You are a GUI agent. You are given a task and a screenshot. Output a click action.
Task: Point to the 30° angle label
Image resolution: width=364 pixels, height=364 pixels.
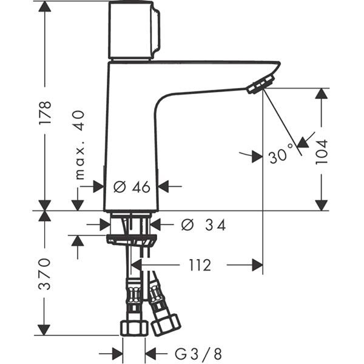coord(281,156)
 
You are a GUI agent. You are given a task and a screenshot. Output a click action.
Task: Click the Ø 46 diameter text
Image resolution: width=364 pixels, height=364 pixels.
coord(132,187)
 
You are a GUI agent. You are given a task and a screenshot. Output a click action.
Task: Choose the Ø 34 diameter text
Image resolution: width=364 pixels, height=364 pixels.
coord(204,226)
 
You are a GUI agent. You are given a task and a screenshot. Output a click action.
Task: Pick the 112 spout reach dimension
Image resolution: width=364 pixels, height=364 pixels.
coord(199,265)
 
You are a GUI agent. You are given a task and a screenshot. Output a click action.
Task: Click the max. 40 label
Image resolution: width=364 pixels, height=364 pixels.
coord(79,146)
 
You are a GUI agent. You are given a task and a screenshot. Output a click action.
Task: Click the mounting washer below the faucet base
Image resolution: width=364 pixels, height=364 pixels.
coord(131,237)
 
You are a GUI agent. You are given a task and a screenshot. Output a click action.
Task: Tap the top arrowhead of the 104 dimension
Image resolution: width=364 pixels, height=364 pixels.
coord(322,93)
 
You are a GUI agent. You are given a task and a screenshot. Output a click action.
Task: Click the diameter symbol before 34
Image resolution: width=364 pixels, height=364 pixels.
coord(186,226)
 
